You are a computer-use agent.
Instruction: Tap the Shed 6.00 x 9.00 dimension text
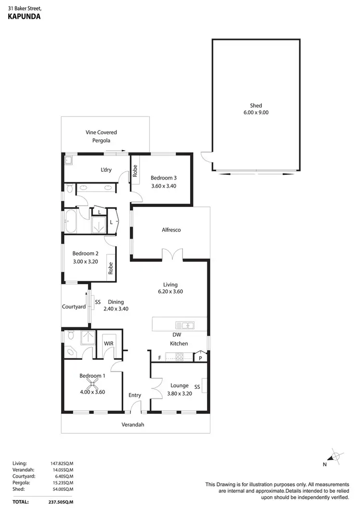coord(256,113)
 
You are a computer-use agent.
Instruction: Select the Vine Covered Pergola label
coord(102,136)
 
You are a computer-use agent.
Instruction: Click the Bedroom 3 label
coord(163,177)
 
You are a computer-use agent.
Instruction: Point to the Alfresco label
coord(171,230)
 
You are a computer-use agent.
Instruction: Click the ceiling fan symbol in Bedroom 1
coord(92,384)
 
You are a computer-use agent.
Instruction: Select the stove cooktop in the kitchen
coord(179,357)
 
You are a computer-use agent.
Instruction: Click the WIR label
coord(108,344)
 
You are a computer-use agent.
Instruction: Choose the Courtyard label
coord(74,307)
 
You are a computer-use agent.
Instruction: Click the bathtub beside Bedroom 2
coord(71,221)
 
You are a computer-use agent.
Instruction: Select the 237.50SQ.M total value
coord(61,502)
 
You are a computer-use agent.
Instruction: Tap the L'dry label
coord(106,170)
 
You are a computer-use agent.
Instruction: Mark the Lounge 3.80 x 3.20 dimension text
coord(179,392)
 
